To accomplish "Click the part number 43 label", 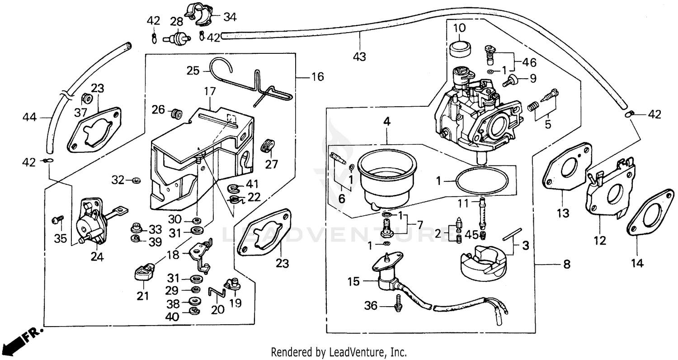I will tap(360, 57).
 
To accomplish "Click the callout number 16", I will tap(317, 77).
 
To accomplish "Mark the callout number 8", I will tap(566, 264).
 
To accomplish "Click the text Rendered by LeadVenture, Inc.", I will tap(339, 351).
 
